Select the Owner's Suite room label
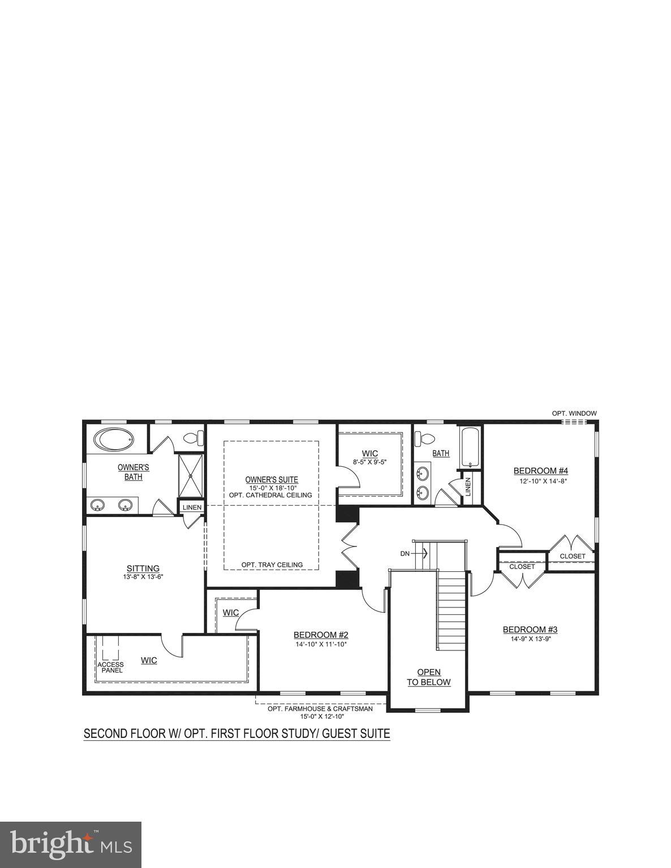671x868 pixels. click(x=271, y=480)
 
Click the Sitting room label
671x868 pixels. click(x=143, y=568)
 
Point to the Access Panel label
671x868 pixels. click(x=110, y=667)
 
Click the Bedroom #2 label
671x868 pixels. click(x=320, y=635)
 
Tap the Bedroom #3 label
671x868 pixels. click(x=530, y=630)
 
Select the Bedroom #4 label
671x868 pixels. click(x=540, y=471)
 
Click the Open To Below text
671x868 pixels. click(x=429, y=677)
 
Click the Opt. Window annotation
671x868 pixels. click(x=574, y=413)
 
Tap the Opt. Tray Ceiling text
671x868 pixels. click(x=272, y=565)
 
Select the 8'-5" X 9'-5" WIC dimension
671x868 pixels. click(x=369, y=461)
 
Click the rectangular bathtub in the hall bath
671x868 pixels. click(x=470, y=447)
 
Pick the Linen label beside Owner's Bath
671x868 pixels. click(x=192, y=507)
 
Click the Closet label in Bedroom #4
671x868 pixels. click(x=573, y=556)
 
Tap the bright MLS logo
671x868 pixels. click(x=71, y=844)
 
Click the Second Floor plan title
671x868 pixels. click(x=236, y=734)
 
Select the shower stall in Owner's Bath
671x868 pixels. click(x=191, y=475)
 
